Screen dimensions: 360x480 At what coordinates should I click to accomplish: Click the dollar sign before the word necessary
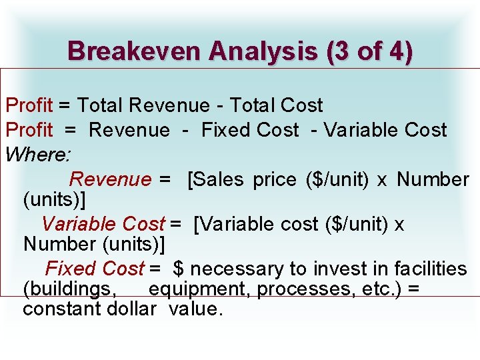point(179,269)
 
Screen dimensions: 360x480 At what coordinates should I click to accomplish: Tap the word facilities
point(431,269)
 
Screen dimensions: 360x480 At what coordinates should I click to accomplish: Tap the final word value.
point(195,309)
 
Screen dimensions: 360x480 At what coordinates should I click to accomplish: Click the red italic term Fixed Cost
point(95,269)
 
